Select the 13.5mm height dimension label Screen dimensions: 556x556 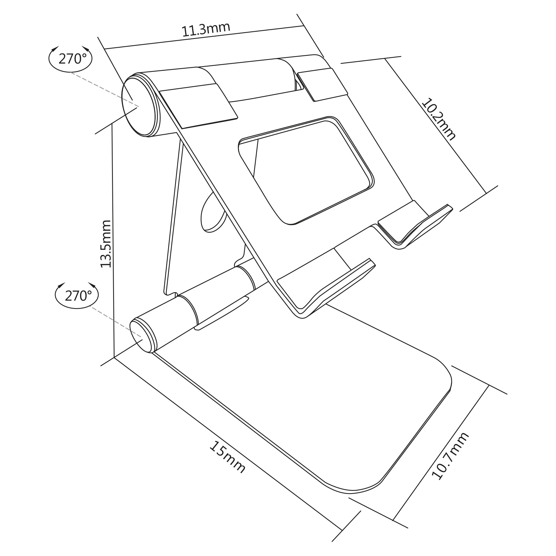106,244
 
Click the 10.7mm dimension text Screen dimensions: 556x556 450,456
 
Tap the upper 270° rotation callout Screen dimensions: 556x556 71,59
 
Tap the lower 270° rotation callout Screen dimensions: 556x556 77,296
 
